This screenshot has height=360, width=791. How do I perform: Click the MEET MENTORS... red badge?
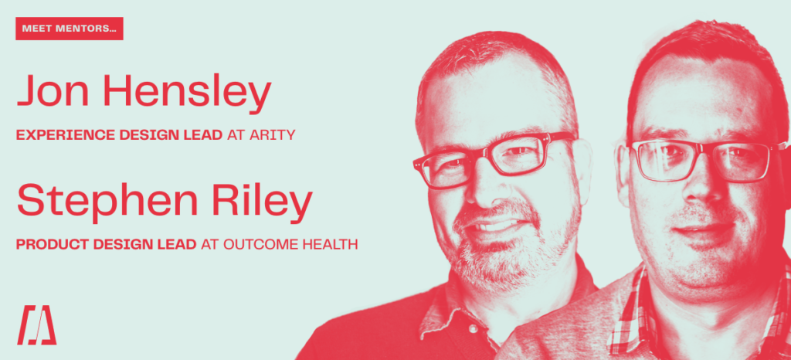69,29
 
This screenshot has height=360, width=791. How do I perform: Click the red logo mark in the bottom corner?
36,325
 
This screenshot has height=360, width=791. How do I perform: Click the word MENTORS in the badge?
85,29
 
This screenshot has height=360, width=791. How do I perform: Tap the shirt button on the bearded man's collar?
473,329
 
